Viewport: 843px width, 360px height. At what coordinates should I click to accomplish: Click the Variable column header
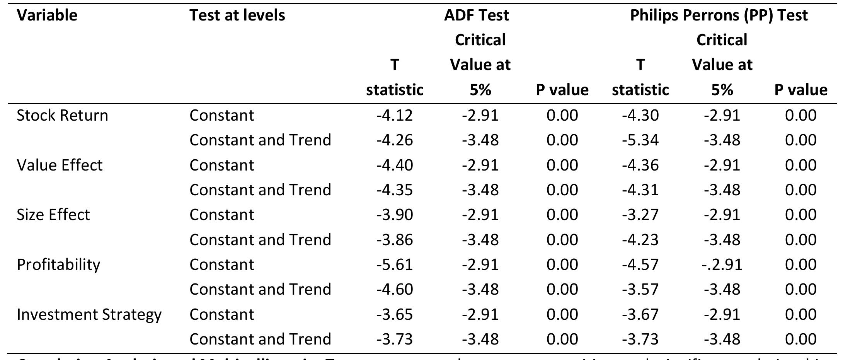[x=47, y=15]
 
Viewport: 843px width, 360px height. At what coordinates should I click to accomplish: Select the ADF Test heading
[x=476, y=15]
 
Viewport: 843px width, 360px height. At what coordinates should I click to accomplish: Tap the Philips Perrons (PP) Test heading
[x=719, y=15]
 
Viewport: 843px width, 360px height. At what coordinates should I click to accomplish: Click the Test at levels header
[x=237, y=15]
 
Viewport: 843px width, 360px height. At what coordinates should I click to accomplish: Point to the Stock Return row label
[x=62, y=115]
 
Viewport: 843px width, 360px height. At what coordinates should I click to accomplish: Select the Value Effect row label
[x=60, y=165]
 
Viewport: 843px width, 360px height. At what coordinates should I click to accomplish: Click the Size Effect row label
[x=53, y=215]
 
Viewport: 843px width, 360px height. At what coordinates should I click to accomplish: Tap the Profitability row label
[x=58, y=264]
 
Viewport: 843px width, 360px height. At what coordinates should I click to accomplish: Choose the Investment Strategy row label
[x=89, y=314]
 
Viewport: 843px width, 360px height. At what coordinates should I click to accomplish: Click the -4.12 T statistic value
[x=395, y=115]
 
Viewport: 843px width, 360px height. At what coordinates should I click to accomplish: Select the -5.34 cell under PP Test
[x=640, y=140]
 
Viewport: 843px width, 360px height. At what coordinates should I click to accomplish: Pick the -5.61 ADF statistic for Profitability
[x=395, y=264]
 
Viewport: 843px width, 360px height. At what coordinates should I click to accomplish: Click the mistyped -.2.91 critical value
[x=722, y=264]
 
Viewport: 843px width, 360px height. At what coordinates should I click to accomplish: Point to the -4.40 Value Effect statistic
[x=395, y=165]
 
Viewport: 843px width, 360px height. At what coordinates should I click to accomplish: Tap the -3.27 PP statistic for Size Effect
[x=640, y=215]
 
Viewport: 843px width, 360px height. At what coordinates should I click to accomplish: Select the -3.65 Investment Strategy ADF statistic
[x=395, y=314]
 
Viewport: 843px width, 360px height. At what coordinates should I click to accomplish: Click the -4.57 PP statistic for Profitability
[x=640, y=264]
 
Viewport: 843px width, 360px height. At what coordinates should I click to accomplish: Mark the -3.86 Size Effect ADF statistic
[x=395, y=240]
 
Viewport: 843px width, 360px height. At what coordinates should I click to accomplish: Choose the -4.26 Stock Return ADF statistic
[x=395, y=140]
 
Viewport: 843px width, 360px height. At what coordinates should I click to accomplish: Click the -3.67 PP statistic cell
[x=640, y=314]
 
